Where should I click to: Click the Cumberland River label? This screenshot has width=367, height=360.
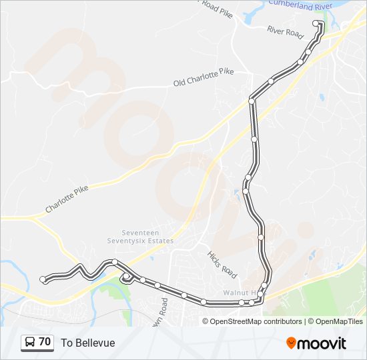coord(300,4)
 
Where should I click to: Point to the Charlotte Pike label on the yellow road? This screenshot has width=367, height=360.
coord(67,199)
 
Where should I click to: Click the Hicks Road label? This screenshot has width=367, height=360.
coord(222,265)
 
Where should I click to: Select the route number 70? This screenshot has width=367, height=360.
coord(45,342)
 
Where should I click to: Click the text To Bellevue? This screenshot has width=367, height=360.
coord(88,343)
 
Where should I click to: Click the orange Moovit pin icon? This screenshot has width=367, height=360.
coord(292,343)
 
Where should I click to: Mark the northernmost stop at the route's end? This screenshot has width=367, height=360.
coord(316,23)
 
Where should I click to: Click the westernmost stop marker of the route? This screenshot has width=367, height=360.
coord(43,279)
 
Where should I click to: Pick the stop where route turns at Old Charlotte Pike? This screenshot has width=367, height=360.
coord(252,101)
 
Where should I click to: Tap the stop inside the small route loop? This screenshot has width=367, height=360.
coord(126,276)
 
